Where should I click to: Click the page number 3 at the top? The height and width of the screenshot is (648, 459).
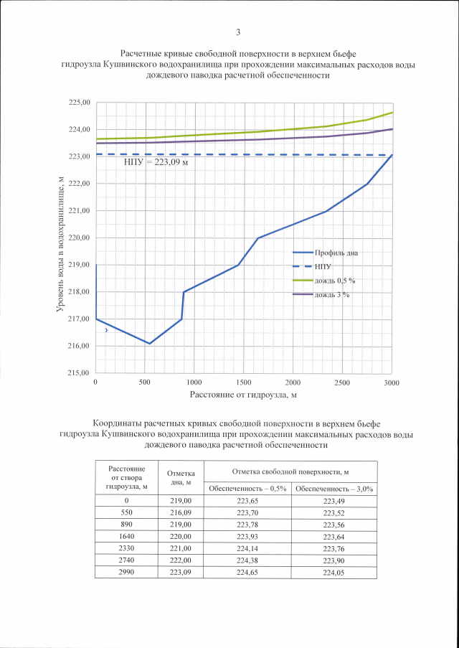click(x=237, y=32)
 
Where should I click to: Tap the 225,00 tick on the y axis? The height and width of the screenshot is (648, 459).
click(x=80, y=103)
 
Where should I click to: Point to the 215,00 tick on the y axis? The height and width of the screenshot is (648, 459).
click(x=80, y=373)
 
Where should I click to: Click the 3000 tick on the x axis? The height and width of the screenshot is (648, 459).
click(x=391, y=383)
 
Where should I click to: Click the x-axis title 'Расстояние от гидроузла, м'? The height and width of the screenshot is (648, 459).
click(x=243, y=395)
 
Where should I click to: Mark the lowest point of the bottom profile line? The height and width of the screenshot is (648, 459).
click(x=150, y=344)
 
